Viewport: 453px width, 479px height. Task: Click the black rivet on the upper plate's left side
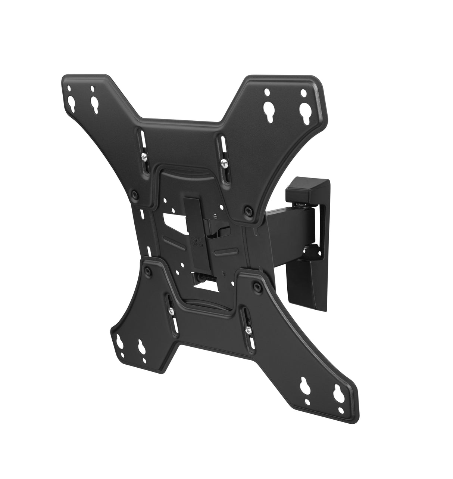coord(134,195)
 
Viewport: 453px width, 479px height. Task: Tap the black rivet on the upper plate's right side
coord(247,211)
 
